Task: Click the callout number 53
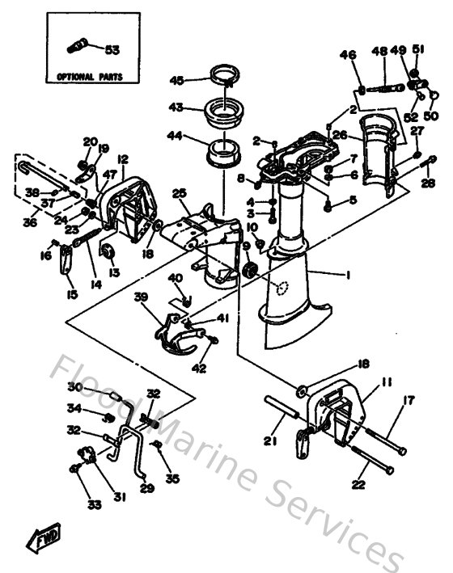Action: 112,49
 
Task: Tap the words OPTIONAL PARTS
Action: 90,78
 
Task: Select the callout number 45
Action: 176,79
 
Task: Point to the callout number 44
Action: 176,137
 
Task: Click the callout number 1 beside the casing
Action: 348,276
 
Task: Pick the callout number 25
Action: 180,192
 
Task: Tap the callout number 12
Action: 123,158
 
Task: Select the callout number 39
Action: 141,297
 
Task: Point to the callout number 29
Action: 146,489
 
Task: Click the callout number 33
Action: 95,505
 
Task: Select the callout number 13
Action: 114,272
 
